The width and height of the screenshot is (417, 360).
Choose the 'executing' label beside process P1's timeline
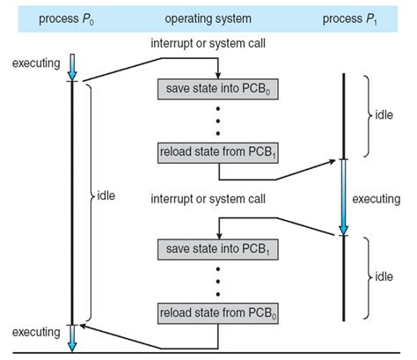(x=376, y=200)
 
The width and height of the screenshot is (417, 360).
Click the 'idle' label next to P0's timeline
(x=107, y=194)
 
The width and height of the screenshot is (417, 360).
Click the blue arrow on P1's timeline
(x=343, y=198)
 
